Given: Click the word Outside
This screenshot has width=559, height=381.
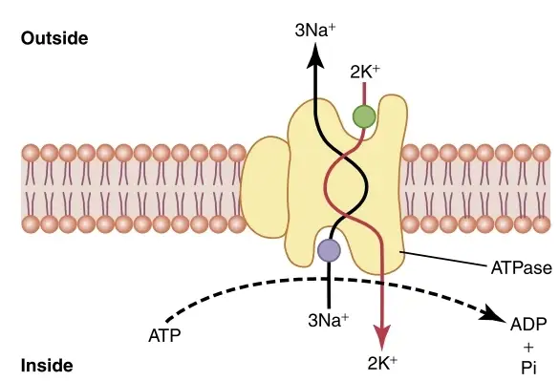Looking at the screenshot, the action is pos(54,38).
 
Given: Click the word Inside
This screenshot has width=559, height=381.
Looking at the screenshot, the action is pos(47,366).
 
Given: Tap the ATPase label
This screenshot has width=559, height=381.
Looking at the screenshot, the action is pos(521,268).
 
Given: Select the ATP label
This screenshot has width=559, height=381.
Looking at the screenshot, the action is pos(164,335).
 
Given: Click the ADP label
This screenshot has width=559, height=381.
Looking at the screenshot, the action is pos(528,325).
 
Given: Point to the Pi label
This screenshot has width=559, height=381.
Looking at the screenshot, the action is pos(528,368).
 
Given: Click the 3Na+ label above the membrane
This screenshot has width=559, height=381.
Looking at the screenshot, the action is pos(315,30).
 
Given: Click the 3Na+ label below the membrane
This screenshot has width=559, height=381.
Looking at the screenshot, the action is pos(328,320).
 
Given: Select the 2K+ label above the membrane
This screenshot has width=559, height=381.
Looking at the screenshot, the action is pos(365,72).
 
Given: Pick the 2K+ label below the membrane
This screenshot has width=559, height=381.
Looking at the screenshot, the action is pos(382,363).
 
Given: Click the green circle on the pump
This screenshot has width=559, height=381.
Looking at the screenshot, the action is pos(364,116).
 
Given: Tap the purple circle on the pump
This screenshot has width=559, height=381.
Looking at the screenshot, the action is pos(329,250).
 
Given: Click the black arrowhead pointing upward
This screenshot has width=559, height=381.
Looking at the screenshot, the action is pos(315,55).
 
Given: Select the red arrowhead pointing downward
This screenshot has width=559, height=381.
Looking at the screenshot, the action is pos(382,337).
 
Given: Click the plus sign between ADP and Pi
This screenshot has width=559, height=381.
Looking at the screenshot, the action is pos(528,347).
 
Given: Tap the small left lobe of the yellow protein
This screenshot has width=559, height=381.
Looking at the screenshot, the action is pos(265,187).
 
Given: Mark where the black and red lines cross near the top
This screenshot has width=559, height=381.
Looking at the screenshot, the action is pos(344,157).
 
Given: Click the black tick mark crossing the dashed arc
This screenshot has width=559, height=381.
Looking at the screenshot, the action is pos(329,280).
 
